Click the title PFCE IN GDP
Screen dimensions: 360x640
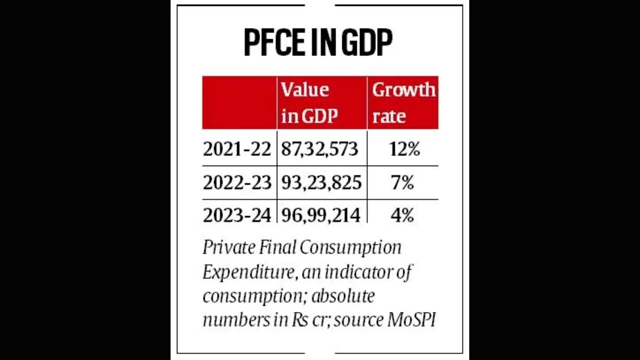point(318,42)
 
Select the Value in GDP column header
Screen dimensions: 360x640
point(309,103)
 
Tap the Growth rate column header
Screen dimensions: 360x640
point(403,103)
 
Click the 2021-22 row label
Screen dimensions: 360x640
point(237,149)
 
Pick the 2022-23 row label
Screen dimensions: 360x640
point(237,183)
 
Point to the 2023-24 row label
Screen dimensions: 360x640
point(237,215)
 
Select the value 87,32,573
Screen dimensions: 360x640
point(319,149)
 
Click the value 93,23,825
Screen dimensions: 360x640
point(321,183)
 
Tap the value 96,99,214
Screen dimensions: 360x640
point(320,215)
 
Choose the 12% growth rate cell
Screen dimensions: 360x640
point(404,149)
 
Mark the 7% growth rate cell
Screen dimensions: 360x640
point(402,183)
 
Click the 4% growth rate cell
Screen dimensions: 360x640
point(402,215)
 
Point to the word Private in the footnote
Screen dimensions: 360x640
point(229,248)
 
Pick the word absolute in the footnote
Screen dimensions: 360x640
point(343,296)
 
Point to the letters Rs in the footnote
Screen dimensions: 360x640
point(300,320)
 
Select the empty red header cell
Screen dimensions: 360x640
point(239,103)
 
